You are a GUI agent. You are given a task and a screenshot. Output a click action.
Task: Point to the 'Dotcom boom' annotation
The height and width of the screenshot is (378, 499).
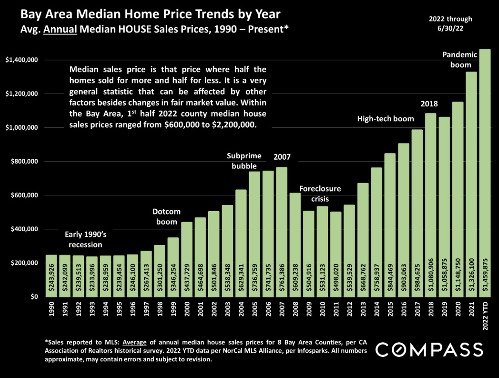[x=166, y=216]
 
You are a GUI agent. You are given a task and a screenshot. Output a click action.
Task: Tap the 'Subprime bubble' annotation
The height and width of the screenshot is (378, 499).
[x=244, y=160]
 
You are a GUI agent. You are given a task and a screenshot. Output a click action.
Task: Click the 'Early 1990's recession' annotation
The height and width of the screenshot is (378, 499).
[x=83, y=239]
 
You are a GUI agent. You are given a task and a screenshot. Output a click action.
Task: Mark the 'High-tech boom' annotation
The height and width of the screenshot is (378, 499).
[x=385, y=119]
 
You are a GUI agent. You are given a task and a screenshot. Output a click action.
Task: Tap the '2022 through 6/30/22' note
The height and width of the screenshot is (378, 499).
[x=450, y=23]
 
